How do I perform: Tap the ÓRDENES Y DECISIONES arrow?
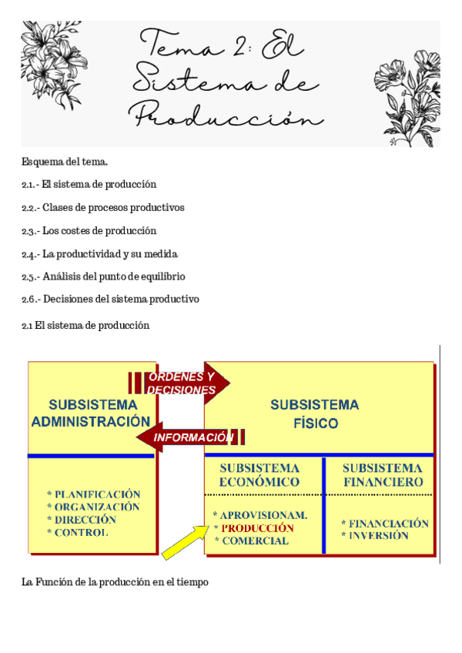pyautogui.click(x=180, y=383)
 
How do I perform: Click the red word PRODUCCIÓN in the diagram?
pyautogui.click(x=257, y=528)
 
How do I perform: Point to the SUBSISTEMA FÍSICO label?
pyautogui.click(x=315, y=414)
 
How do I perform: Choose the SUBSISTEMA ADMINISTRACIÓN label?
pyautogui.click(x=91, y=413)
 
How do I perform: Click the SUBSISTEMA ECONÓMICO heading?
pyautogui.click(x=259, y=474)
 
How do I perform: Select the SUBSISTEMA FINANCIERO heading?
pyautogui.click(x=382, y=474)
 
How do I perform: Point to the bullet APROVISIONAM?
pyautogui.click(x=260, y=515)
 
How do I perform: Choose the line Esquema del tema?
pyautogui.click(x=65, y=161)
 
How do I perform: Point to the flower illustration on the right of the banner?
pyautogui.click(x=405, y=89)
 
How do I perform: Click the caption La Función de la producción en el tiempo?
pyautogui.click(x=115, y=583)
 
